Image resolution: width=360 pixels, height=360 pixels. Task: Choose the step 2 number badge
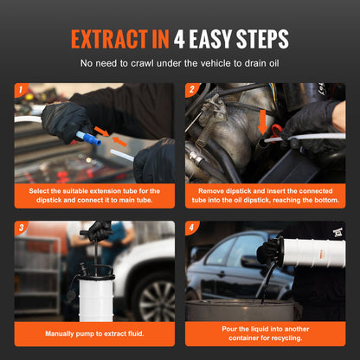coord(191,89)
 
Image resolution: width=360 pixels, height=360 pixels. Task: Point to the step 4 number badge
coord(191,228)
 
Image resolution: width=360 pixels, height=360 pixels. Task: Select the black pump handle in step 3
coord(95,231)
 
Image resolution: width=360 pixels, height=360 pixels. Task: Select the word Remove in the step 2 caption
coord(212,190)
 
